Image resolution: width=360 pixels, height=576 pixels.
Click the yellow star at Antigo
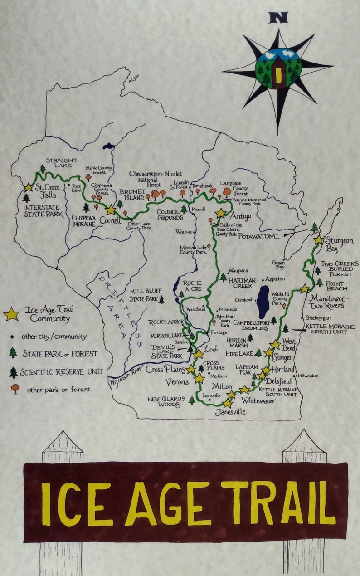(x=220, y=213)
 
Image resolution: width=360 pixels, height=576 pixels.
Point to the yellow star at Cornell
(x=111, y=210)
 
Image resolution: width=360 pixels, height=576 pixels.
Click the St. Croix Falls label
(x=48, y=190)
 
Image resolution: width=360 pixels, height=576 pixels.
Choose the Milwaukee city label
(x=308, y=376)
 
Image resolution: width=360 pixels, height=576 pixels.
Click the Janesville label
(x=230, y=412)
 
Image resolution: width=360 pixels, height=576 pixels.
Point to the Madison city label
(x=219, y=376)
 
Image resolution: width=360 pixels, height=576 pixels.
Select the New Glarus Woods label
(x=166, y=402)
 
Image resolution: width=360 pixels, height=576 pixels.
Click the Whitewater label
(x=258, y=401)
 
